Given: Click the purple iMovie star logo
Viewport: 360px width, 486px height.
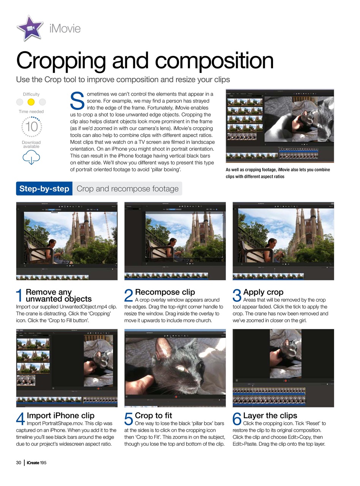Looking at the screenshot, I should click(30, 28).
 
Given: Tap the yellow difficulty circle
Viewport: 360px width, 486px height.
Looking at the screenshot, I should click(31, 102).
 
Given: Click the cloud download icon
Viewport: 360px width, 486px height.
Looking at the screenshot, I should click(31, 157).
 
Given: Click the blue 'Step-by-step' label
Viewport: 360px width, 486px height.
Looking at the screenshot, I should click(44, 189).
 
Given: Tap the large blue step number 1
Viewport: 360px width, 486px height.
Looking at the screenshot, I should click(20, 296).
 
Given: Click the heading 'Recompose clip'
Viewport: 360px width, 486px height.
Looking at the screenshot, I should click(165, 292).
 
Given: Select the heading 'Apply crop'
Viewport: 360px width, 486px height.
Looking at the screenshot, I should click(263, 292).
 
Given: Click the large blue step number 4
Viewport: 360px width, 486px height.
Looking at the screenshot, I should click(21, 420).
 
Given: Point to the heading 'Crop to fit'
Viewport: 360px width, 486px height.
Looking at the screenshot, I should click(153, 415).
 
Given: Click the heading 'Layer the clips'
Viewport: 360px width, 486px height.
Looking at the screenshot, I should click(270, 415).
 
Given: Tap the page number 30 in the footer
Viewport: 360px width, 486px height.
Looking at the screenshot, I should click(19, 462).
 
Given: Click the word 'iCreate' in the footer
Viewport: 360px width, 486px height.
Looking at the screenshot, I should click(33, 462).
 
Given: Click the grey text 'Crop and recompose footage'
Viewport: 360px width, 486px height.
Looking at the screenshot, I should click(127, 189).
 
